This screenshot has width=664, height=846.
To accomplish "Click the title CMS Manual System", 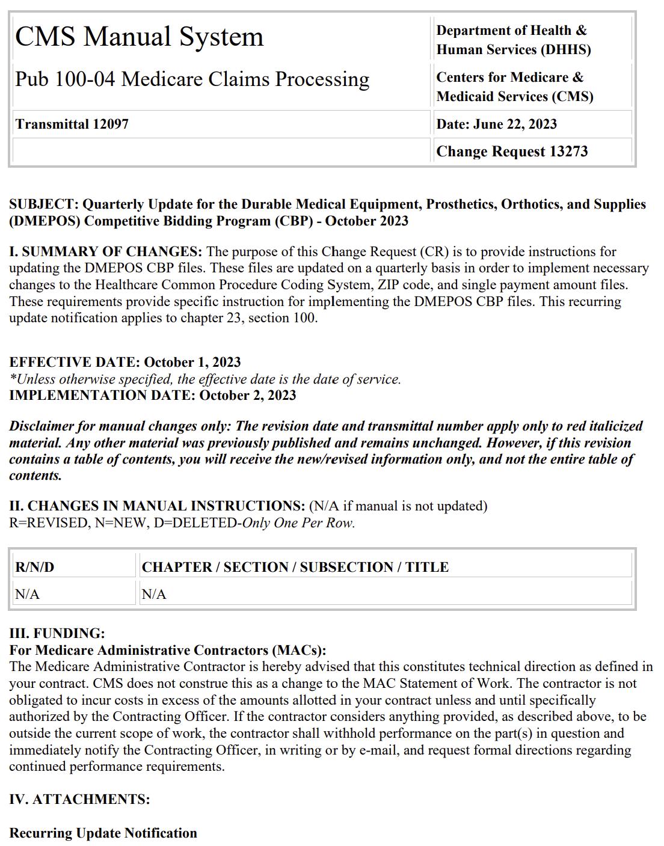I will pos(140,37).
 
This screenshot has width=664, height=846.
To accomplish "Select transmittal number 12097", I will pos(110,124).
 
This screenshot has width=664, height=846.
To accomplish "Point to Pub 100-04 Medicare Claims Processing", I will pos(192,79).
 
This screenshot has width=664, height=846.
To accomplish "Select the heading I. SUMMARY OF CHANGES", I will pos(105,251).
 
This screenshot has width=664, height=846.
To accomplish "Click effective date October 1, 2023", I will pos(192,362).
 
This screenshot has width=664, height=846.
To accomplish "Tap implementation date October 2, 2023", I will pos(247,395).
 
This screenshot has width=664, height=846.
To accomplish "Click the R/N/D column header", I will pos(35,567).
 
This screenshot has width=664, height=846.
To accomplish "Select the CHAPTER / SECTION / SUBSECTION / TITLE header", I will pos(295,567).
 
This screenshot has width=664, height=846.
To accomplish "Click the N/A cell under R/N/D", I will pos(28,594).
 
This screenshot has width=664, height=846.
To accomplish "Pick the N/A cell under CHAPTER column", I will pos(154,594).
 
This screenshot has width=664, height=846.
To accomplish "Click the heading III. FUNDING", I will pos(57,633).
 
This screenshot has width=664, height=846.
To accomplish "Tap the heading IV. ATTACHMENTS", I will pos(79,799).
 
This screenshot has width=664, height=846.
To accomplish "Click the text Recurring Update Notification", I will pos(103,833).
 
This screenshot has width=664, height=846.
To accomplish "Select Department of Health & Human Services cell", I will pos(513,40).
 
